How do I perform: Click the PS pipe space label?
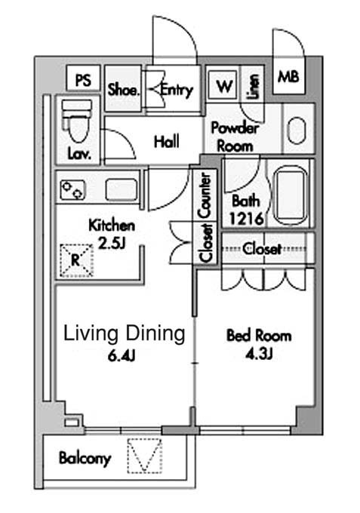pyautogui.click(x=83, y=80)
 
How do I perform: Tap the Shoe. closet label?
pyautogui.click(x=124, y=90)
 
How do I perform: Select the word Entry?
pyautogui.click(x=176, y=90)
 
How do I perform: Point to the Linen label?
pyautogui.click(x=254, y=86)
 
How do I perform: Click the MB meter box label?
pyautogui.click(x=288, y=77)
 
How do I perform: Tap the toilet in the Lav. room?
pyautogui.click(x=76, y=121)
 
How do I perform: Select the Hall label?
pyautogui.click(x=167, y=142)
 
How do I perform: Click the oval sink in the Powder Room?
pyautogui.click(x=297, y=131)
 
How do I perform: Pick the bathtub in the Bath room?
pyautogui.click(x=291, y=195)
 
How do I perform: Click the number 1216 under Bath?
pyautogui.click(x=247, y=218)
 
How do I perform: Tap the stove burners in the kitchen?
pyautogui.click(x=72, y=190)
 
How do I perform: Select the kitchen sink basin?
pyautogui.click(x=121, y=190)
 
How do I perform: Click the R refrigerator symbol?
pyautogui.click(x=76, y=260)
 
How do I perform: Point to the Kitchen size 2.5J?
pyautogui.click(x=112, y=243)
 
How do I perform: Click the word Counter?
pyautogui.click(x=205, y=196)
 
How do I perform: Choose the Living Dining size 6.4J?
pyautogui.click(x=121, y=356)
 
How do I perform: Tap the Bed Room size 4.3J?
pyautogui.click(x=259, y=354)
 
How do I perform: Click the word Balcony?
pyautogui.click(x=85, y=459)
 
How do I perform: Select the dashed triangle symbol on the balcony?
pyautogui.click(x=144, y=456)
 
